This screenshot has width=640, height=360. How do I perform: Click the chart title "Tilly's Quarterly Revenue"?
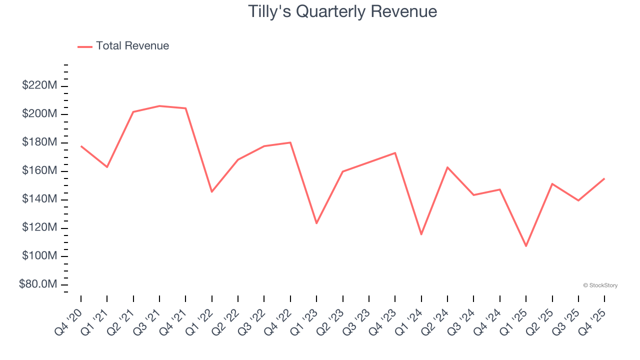(x=342, y=11)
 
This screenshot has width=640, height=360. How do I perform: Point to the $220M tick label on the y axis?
(x=39, y=85)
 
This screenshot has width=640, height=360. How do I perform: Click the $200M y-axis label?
(x=39, y=114)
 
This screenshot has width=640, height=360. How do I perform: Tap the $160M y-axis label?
(x=39, y=171)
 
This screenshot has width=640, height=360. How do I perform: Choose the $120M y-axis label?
(x=39, y=228)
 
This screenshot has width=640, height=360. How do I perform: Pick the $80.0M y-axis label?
(x=38, y=284)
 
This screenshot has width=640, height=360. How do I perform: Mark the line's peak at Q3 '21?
(x=159, y=106)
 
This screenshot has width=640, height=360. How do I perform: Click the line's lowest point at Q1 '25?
(x=526, y=246)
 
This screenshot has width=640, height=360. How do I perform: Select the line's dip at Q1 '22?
(x=212, y=191)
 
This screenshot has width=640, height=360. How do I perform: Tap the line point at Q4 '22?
(x=290, y=142)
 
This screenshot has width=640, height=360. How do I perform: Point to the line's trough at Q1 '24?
(x=421, y=234)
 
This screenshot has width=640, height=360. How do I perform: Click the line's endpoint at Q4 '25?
(x=604, y=178)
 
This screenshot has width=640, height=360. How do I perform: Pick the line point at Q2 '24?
(x=447, y=167)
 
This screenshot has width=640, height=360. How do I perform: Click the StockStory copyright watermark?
(x=600, y=285)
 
